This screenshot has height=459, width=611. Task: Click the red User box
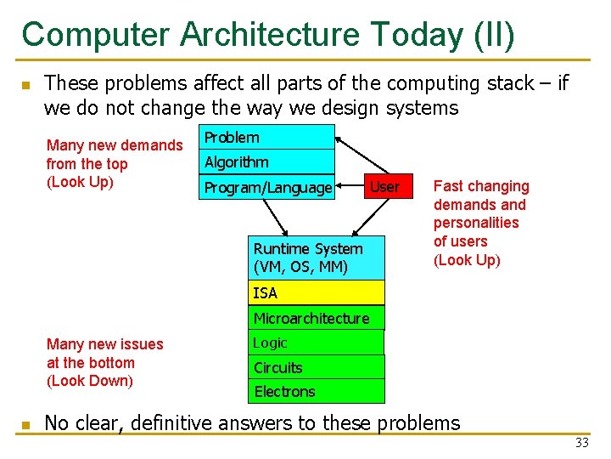pyautogui.click(x=384, y=187)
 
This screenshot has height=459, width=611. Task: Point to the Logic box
pyautogui.click(x=316, y=343)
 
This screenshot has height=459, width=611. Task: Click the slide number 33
pyautogui.click(x=581, y=443)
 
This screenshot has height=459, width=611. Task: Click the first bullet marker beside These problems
pyautogui.click(x=25, y=84)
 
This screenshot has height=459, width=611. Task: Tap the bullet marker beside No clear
pyautogui.click(x=25, y=424)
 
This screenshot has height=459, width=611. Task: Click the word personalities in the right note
pyautogui.click(x=476, y=223)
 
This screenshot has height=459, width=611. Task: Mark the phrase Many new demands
pyautogui.click(x=114, y=145)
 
